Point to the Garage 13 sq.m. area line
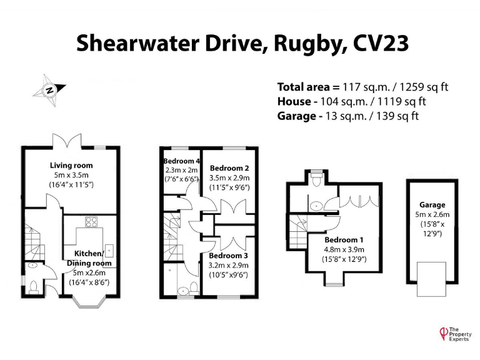click(348, 116)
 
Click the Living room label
click(71, 165)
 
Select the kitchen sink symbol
click(109, 251)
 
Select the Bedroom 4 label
click(181, 161)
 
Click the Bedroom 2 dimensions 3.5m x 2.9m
click(229, 177)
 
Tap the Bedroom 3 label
click(229, 256)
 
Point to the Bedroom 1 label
click(343, 240)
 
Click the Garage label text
click(432, 204)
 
